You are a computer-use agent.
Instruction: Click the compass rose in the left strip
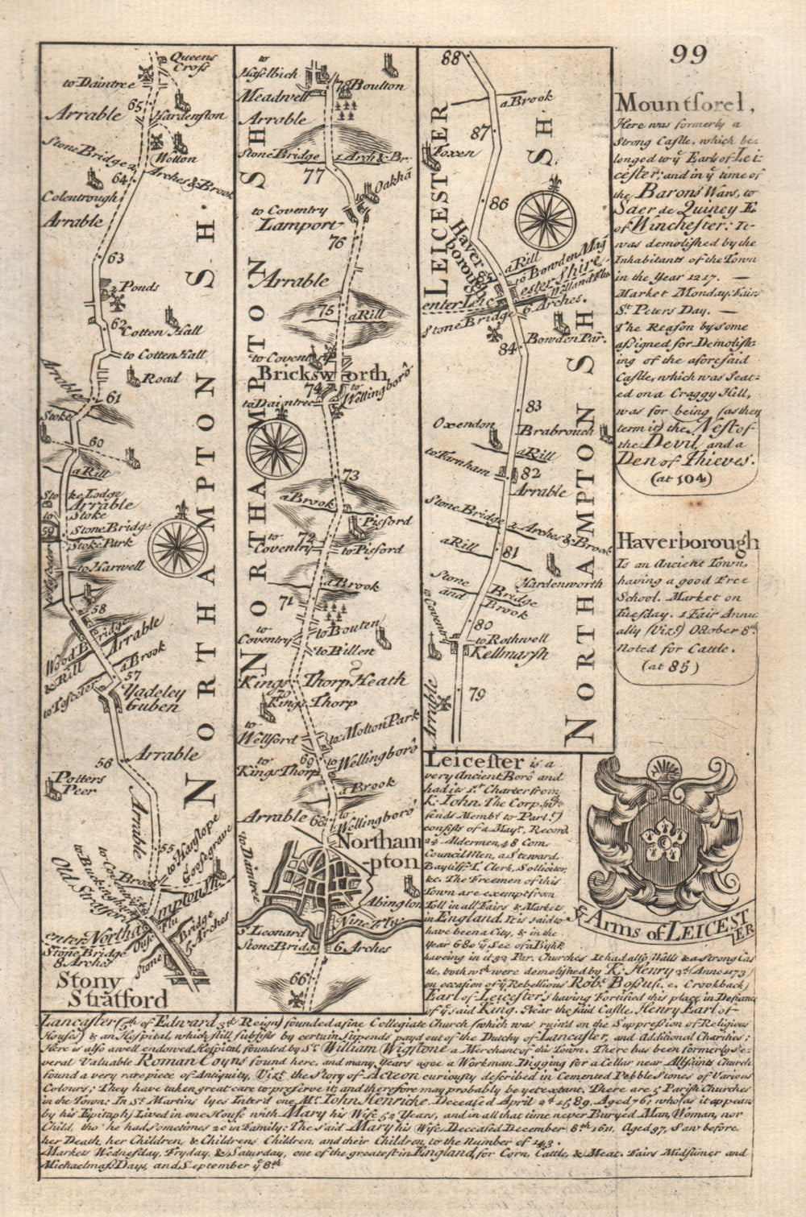[178, 548]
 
